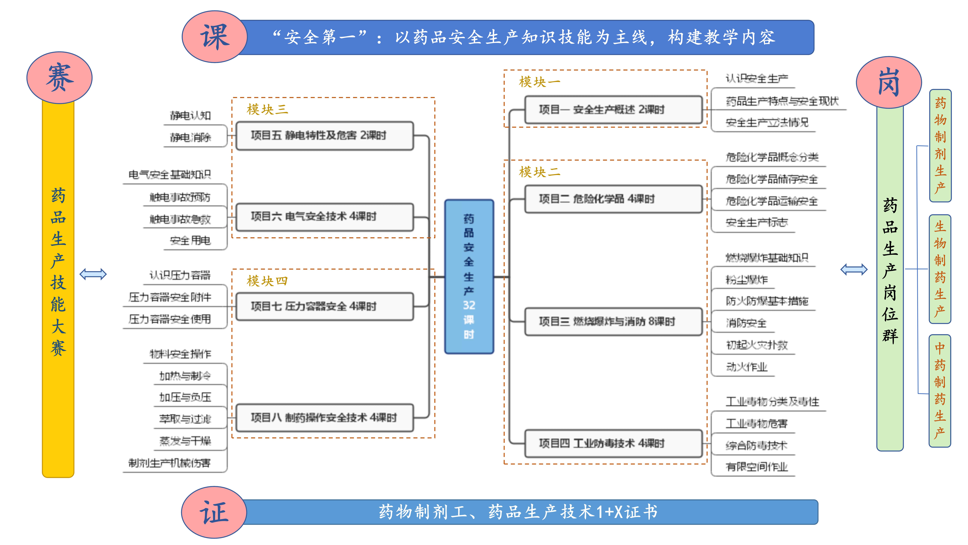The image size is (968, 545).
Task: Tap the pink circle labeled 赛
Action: click(x=59, y=77)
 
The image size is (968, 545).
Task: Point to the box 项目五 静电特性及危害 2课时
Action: click(x=325, y=135)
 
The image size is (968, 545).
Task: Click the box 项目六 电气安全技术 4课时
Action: click(x=325, y=217)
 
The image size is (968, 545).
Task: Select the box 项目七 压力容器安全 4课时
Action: click(x=325, y=307)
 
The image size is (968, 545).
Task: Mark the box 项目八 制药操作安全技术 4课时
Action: click(x=325, y=417)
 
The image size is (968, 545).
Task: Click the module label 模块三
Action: click(x=267, y=110)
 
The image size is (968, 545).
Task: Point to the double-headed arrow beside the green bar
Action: click(x=854, y=269)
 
